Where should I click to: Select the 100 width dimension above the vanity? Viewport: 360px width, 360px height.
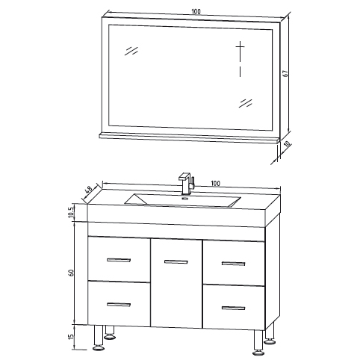click(215, 182)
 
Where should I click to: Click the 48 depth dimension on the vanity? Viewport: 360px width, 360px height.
click(88, 192)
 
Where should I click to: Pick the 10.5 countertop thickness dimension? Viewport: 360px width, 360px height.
click(72, 213)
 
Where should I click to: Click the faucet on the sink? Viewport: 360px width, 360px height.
click(185, 184)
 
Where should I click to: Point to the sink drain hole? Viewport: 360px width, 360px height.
click(187, 199)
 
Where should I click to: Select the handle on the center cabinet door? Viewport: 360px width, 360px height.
click(176, 261)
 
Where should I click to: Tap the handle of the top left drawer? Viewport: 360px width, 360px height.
click(118, 260)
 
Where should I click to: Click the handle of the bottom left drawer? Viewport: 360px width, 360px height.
click(118, 304)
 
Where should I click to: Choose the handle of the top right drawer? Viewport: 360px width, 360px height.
click(233, 264)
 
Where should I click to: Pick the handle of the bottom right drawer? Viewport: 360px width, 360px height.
click(233, 308)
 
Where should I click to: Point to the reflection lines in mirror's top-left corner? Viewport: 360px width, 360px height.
click(132, 50)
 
